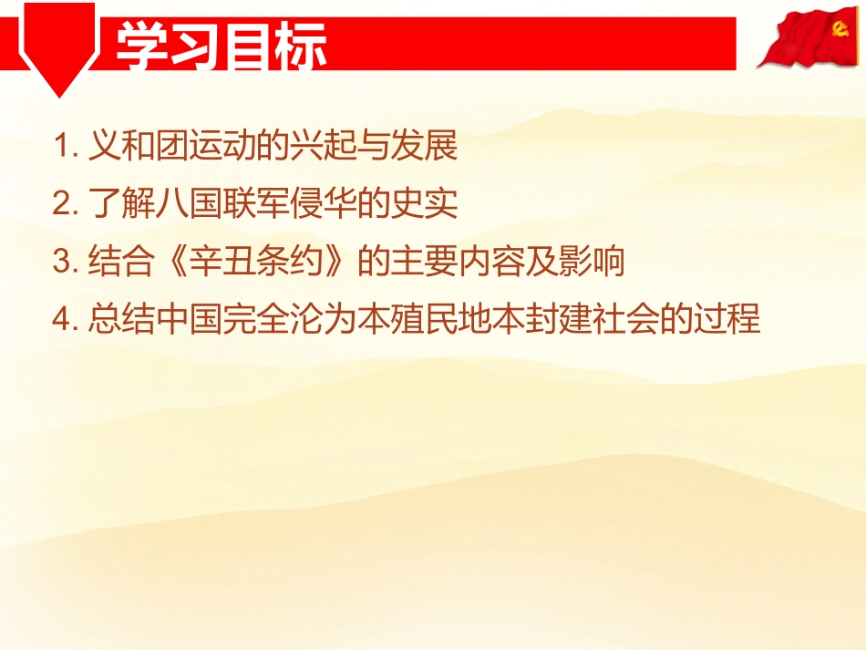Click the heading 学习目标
point(221,45)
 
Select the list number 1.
point(65,146)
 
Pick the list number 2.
point(65,204)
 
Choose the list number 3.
point(65,263)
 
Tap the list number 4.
point(65,321)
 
